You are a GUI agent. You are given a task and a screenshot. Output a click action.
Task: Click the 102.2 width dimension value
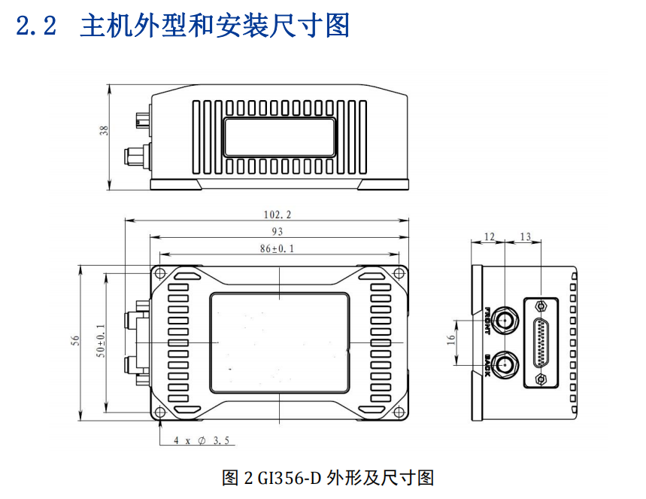tap(278, 214)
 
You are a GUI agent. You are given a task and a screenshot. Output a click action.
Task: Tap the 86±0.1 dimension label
tap(278, 248)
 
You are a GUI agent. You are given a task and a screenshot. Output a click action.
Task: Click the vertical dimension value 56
tap(75, 341)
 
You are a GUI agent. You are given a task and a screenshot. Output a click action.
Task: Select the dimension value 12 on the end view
tap(489, 237)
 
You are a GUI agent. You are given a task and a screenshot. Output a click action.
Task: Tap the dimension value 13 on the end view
tap(525, 237)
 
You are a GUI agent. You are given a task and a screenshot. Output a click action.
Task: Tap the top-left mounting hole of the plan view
tap(159, 273)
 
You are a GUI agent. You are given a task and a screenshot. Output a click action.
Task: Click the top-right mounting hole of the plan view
tap(398, 273)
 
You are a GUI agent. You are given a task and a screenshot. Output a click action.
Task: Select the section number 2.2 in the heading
tap(35, 27)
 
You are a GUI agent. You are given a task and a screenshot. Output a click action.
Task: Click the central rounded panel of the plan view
tap(278, 342)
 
